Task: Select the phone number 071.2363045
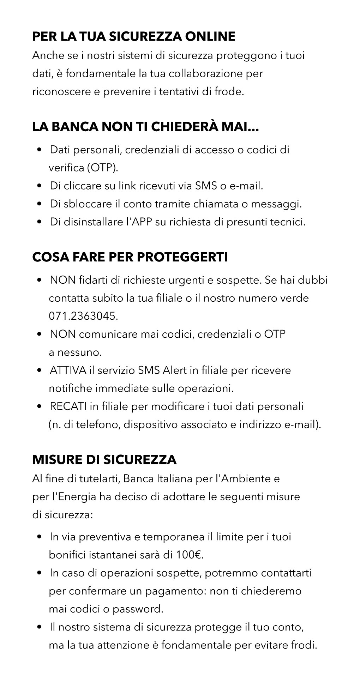point(83,316)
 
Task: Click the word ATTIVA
point(68,370)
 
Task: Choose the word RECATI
point(68,406)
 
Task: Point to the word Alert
point(176,370)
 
